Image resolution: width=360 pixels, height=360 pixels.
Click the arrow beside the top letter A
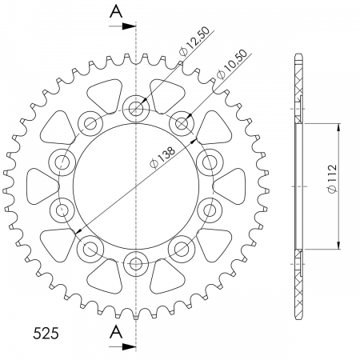point(128,26)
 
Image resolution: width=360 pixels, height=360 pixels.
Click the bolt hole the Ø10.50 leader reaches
point(183,123)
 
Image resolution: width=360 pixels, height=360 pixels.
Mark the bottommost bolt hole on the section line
point(136,261)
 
